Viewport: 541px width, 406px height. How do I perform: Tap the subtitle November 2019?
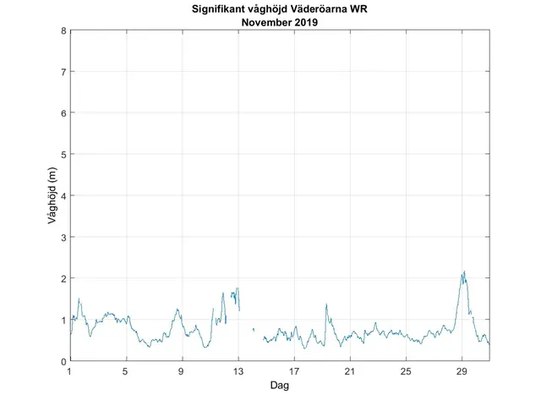point(280,22)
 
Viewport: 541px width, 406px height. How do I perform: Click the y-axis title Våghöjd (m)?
point(52,195)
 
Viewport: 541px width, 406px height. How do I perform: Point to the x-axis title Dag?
point(280,387)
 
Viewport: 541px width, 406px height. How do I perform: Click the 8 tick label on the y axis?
point(63,30)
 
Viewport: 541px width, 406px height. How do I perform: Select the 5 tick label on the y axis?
point(63,154)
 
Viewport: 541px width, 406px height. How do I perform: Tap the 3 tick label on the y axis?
point(63,237)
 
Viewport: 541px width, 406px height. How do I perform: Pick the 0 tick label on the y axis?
point(63,361)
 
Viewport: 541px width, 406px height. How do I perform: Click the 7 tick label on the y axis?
point(63,72)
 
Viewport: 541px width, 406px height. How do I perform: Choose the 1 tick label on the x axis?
point(70,371)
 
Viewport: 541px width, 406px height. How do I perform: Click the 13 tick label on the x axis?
point(238,371)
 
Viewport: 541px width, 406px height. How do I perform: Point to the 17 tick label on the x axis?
point(294,371)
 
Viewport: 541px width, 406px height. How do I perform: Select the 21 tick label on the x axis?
point(350,371)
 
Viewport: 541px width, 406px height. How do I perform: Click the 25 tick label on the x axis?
point(406,371)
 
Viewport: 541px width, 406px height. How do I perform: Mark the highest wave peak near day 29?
point(464,272)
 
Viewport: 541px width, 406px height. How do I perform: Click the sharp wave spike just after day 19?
point(325,305)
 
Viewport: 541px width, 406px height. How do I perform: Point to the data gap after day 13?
point(247,330)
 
